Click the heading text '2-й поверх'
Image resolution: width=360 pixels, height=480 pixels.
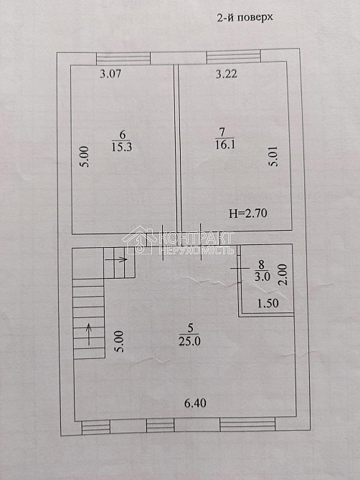245,17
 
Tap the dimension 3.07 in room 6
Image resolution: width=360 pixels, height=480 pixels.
110,74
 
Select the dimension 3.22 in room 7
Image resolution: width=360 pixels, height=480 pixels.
227,74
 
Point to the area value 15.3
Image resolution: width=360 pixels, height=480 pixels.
122,148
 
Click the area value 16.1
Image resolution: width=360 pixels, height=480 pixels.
225,145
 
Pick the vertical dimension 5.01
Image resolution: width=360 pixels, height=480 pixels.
273,156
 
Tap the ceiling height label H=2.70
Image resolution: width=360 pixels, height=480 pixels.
248,213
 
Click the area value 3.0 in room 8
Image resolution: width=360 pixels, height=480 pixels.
262,277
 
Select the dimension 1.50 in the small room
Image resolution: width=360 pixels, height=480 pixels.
267,303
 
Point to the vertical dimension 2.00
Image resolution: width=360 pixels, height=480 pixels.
283,274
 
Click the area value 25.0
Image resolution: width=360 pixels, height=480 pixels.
189,341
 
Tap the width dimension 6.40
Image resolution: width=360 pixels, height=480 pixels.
195,403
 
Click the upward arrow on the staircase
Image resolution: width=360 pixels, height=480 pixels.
89,335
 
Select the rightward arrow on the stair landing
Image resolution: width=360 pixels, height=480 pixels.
116,259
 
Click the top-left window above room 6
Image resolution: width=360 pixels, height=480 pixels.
123,58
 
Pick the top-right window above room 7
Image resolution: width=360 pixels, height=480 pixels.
234,57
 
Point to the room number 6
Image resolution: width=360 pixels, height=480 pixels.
122,135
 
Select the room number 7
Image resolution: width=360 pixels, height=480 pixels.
222,133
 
